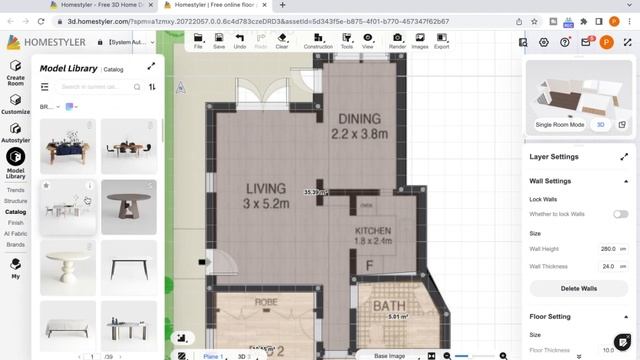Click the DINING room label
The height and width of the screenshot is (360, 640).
coord(359,126)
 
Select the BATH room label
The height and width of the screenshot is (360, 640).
coord(389,306)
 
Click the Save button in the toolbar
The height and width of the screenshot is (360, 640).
coord(219,41)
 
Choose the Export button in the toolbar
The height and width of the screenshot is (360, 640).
coord(441,41)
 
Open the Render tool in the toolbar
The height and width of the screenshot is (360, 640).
coord(397,41)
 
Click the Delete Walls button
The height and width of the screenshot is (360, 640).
coord(578,288)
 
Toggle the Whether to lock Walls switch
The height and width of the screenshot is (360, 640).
coord(620,214)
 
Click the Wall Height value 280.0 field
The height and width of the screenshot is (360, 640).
coord(606,248)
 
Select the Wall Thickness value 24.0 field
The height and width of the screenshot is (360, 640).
coord(606,266)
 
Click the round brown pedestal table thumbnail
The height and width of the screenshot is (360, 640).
coord(129,207)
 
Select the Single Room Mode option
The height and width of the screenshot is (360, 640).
coord(560,124)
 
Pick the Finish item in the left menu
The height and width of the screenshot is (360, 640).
coord(15,222)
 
